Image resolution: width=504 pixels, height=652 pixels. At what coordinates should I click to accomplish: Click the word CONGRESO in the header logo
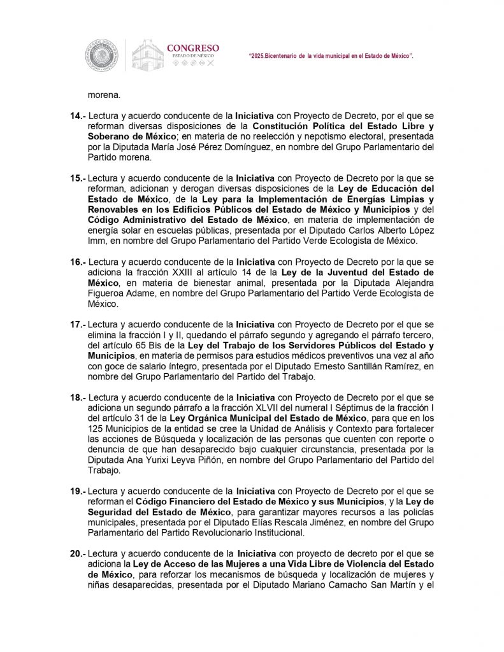(192, 48)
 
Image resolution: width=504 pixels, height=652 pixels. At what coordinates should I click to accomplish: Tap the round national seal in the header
(103, 55)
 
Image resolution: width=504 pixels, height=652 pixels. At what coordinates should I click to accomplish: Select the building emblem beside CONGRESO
(147, 55)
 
